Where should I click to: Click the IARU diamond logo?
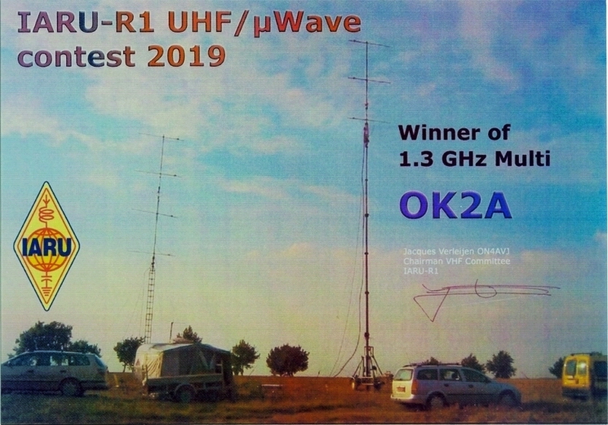46,246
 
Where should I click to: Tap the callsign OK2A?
455,206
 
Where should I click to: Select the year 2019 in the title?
186,56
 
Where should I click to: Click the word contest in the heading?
77,57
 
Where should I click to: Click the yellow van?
584,376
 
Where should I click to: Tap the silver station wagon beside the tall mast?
455,386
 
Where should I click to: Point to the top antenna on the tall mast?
369,43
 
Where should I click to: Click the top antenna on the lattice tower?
161,137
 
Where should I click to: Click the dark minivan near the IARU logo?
53,373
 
